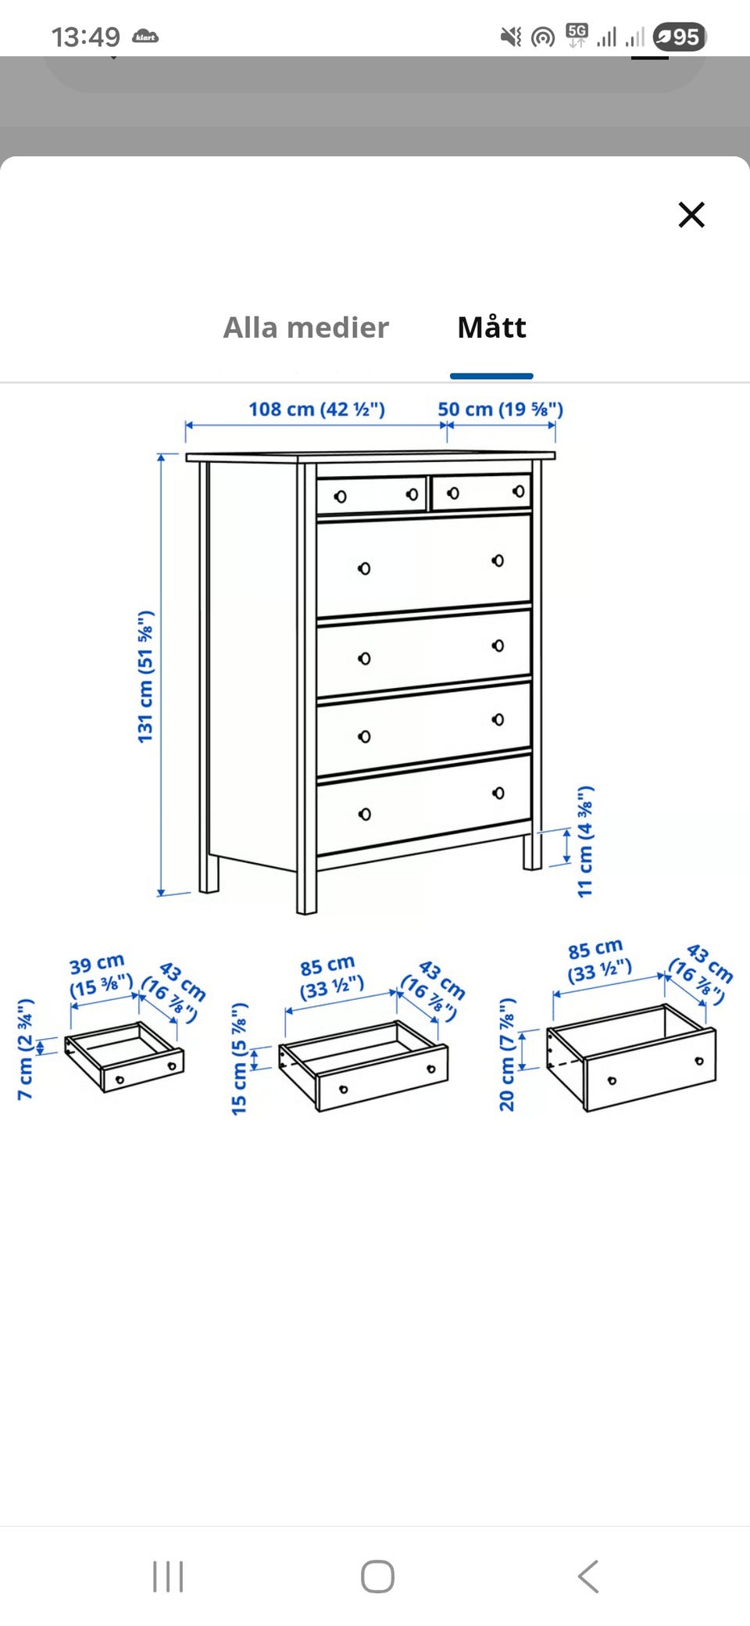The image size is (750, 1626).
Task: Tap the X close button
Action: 691,214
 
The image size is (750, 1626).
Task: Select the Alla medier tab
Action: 305,328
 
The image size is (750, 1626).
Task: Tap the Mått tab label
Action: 491,327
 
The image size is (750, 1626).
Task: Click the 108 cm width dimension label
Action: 316,409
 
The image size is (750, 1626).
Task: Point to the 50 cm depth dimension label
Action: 500,409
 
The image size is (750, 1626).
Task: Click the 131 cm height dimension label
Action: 146,676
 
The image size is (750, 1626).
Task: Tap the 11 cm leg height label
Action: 585,841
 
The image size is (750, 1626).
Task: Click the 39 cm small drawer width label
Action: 100,975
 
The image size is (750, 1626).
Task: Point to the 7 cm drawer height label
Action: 25,1049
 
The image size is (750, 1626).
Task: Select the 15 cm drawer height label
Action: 239,1058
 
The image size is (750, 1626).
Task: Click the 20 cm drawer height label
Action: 507,1055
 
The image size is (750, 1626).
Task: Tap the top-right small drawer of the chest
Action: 481,492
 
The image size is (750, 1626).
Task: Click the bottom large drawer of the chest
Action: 424,804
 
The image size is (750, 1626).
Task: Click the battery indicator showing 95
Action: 679,37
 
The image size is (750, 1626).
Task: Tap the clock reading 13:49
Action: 86,37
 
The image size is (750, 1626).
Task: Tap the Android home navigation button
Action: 377,1576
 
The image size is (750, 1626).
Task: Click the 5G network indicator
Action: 577,35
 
